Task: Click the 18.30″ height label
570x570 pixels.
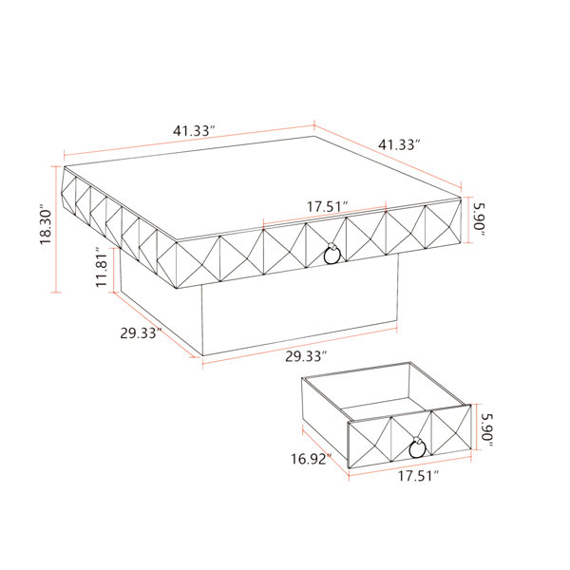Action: click(47, 226)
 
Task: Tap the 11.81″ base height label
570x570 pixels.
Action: click(102, 267)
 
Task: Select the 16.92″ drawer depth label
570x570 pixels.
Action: click(311, 459)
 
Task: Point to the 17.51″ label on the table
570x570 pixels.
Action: click(328, 206)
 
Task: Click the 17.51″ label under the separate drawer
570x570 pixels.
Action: click(418, 476)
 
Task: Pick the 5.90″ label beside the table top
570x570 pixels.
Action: click(479, 220)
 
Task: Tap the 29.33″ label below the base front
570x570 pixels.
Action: click(306, 356)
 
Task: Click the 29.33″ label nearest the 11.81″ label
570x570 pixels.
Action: click(141, 332)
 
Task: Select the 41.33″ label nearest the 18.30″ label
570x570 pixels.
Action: click(194, 130)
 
